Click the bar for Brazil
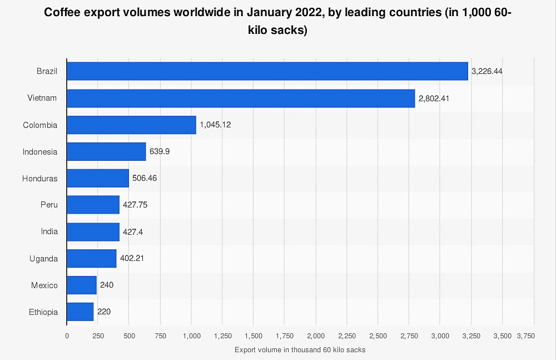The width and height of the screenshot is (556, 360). pos(267,71)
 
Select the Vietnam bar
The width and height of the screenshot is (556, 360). pos(241,98)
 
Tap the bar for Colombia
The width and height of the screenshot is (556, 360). pos(131,125)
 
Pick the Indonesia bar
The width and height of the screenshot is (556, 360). pos(106,151)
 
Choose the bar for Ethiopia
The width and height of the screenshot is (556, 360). pos(80,312)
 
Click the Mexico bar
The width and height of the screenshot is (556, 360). pos(82,285)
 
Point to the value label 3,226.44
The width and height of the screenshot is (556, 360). pos(487,72)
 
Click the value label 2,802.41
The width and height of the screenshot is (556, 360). pos(434,98)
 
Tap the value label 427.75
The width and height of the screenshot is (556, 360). pos(135,205)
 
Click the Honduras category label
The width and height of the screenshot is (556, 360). pos(40,178)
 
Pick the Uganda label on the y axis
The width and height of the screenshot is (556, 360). pos(43,259)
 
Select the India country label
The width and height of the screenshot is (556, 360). pos(49,231)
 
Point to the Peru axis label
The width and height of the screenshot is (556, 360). pos(49,205)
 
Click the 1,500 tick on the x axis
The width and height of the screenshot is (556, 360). pos(253,336)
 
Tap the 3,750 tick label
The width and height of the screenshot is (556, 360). pos(525,336)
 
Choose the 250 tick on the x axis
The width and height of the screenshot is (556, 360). pos(98,336)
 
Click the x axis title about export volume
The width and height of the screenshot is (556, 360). pos(300,350)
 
